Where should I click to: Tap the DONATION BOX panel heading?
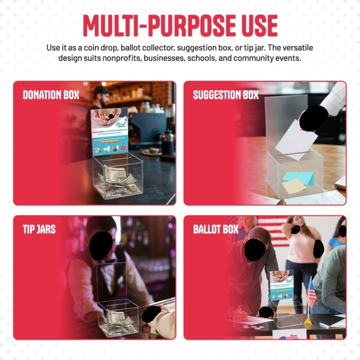coord(50,95)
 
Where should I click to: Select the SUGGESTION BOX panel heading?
coord(225,95)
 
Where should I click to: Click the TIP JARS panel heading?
coord(39,229)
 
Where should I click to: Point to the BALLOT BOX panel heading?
coord(216,229)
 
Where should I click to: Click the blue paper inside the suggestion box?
coord(298,177)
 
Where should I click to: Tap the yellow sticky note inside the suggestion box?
coord(294,186)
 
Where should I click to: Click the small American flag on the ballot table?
coord(312,293)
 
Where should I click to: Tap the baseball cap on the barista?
coord(101,90)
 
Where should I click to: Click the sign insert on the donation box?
coord(109,131)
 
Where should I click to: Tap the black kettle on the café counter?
coord(168,143)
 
